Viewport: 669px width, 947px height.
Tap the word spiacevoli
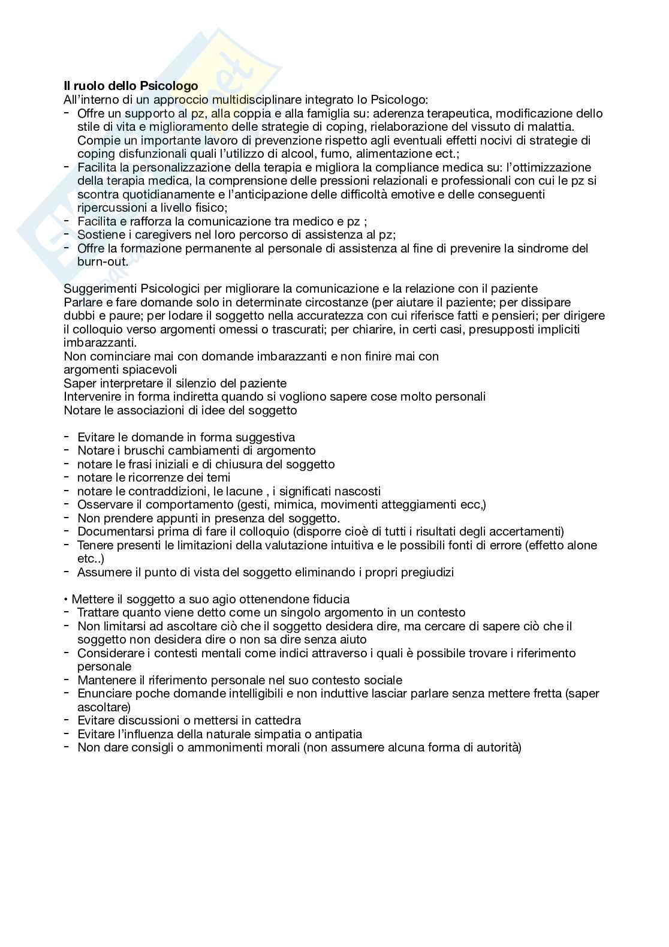point(150,369)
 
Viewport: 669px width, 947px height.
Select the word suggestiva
point(264,437)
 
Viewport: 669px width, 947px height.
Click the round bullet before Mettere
point(67,599)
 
